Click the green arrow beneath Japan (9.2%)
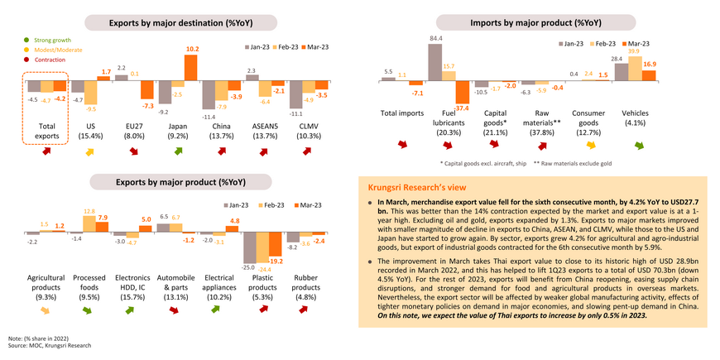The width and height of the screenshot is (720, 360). (x=179, y=152)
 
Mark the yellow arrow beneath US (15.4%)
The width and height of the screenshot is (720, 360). (x=89, y=152)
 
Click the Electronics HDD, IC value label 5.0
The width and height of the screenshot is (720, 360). (x=146, y=218)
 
